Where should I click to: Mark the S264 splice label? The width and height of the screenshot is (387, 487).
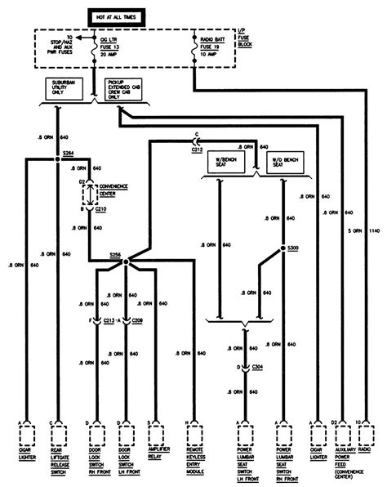tap(69, 153)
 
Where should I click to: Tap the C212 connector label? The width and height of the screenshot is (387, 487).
tap(198, 150)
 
